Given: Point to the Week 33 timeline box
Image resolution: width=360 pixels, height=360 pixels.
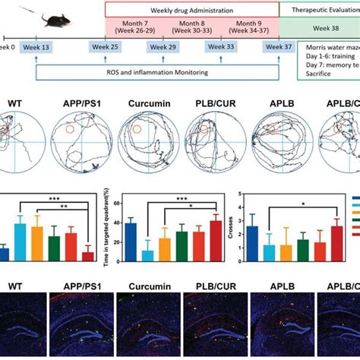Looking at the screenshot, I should click(x=216, y=48).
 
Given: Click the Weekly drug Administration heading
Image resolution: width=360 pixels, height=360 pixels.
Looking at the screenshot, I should click(x=191, y=8).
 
